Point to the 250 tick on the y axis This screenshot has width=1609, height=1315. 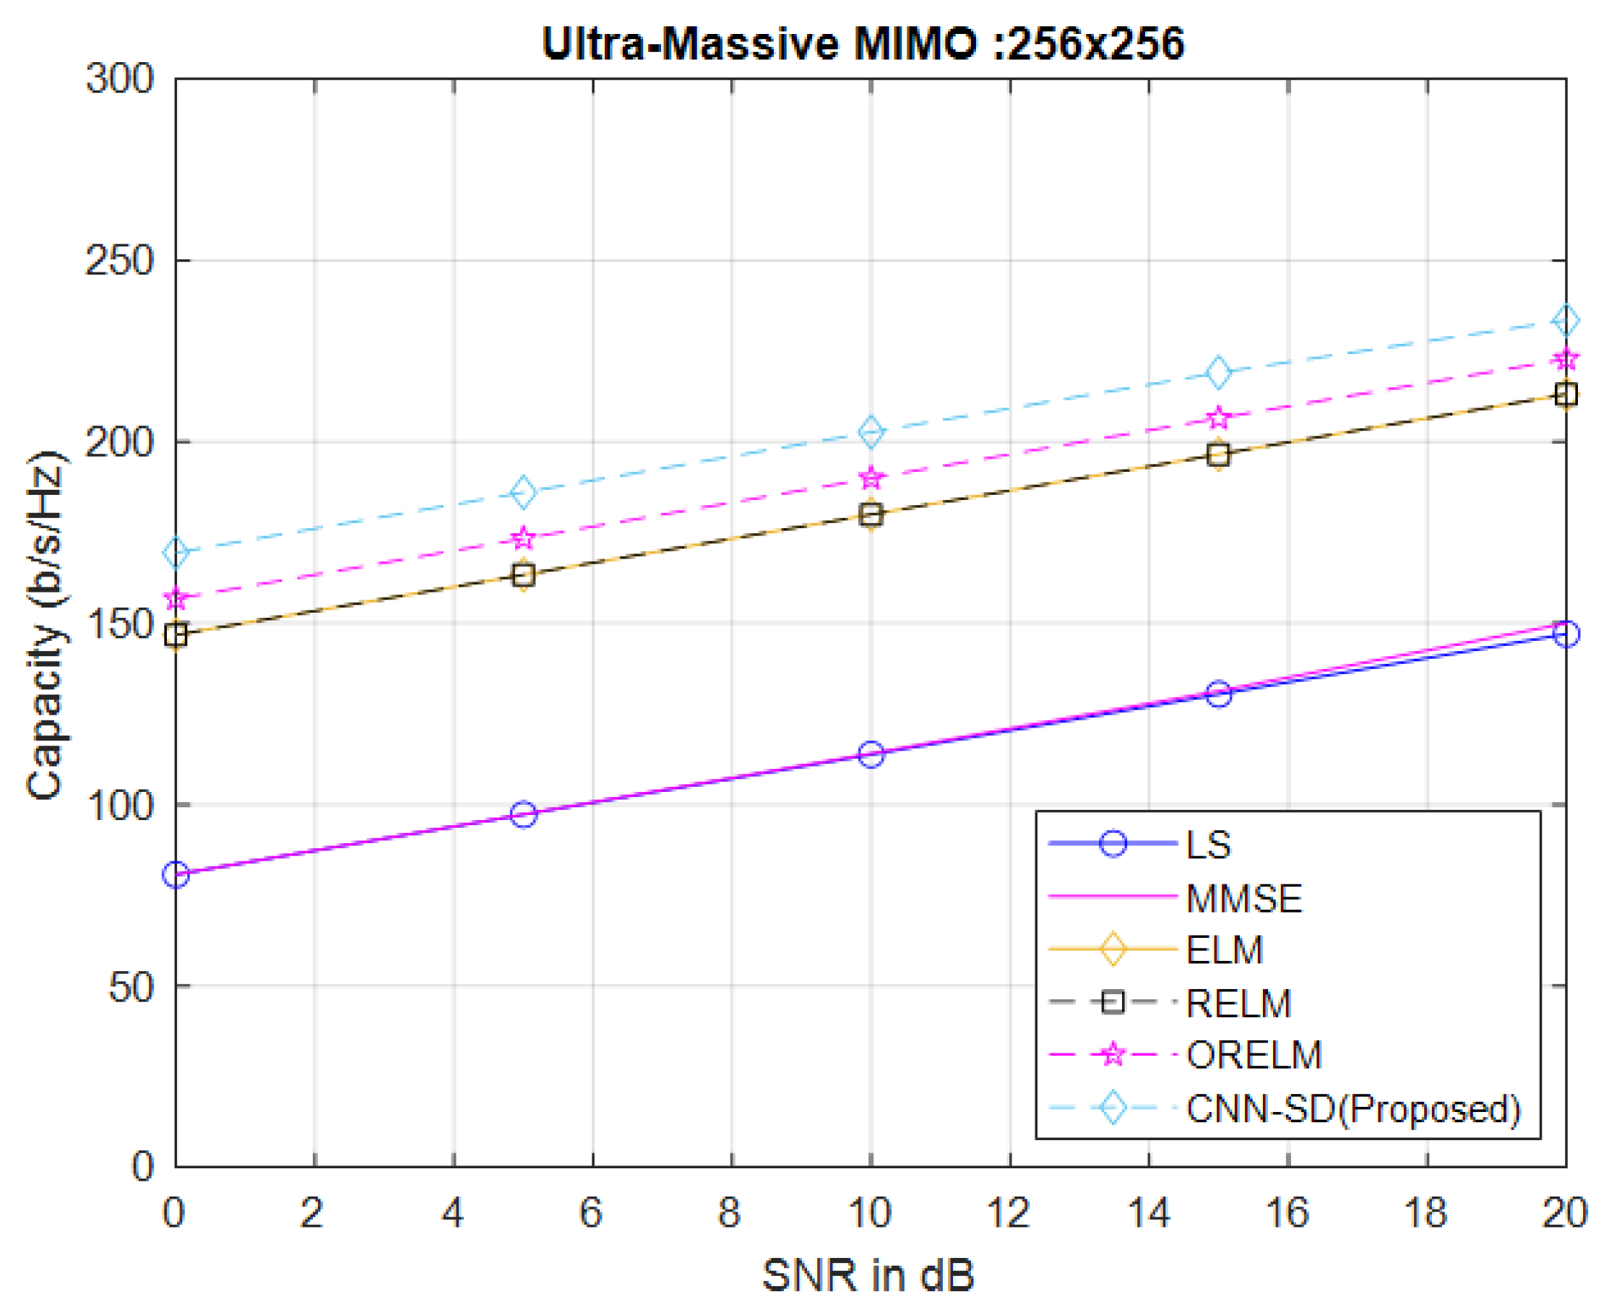click(119, 262)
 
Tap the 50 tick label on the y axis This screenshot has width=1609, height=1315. click(130, 987)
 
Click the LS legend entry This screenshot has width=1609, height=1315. click(1208, 845)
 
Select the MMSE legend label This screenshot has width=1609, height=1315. click(1243, 899)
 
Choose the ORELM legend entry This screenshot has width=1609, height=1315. click(1254, 1056)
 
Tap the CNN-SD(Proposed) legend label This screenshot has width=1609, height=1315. click(1353, 1109)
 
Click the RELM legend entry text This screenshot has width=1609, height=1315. click(1238, 1004)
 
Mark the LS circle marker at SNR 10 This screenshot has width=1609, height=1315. click(871, 754)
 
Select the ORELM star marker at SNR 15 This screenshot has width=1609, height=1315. click(1218, 418)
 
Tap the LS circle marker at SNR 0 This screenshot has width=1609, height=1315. click(176, 875)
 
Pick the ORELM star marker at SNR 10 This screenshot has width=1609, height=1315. click(871, 478)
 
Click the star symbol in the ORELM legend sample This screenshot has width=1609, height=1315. click(1113, 1054)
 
